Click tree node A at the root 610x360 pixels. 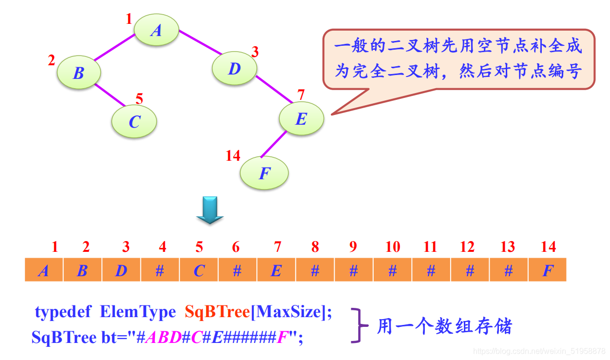click(x=156, y=30)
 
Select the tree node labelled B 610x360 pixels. click(x=78, y=73)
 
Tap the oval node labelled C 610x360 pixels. click(x=134, y=121)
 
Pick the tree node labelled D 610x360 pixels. click(x=234, y=69)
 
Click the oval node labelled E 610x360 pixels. click(x=301, y=118)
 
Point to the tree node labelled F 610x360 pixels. click(x=264, y=172)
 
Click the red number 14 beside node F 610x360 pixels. click(x=233, y=155)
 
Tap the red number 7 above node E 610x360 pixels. click(x=301, y=94)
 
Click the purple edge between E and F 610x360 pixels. click(x=273, y=144)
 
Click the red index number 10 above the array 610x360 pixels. click(x=392, y=247)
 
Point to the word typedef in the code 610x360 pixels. click(x=63, y=312)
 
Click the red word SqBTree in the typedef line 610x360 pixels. click(x=217, y=312)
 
